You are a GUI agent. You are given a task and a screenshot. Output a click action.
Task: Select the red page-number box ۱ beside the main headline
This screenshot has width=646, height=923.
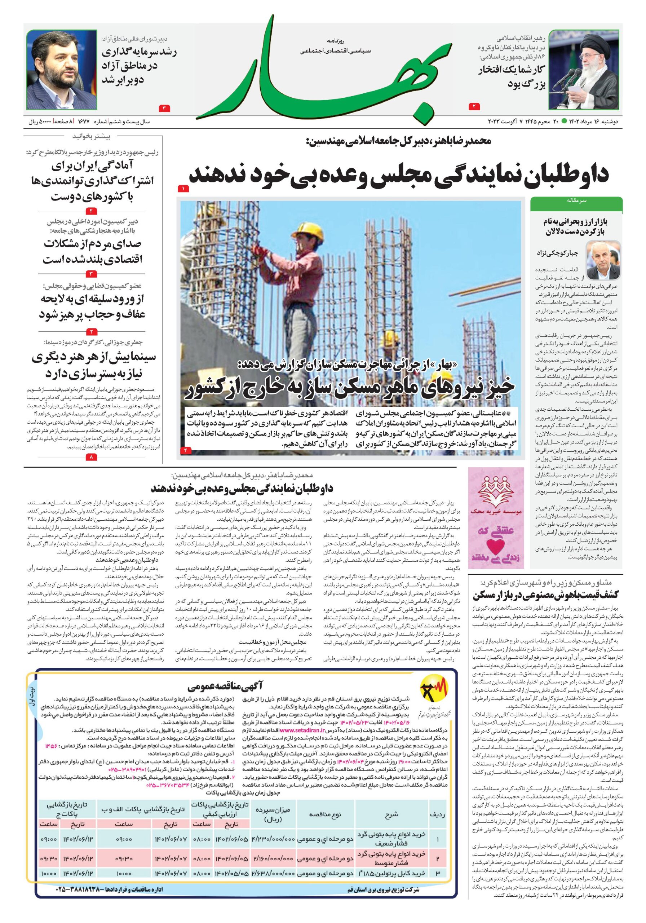183,189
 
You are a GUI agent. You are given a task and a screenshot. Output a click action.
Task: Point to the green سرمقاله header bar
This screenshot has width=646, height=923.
576,200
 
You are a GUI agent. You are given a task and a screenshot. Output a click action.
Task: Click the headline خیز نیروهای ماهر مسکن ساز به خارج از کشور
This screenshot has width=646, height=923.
350,387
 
